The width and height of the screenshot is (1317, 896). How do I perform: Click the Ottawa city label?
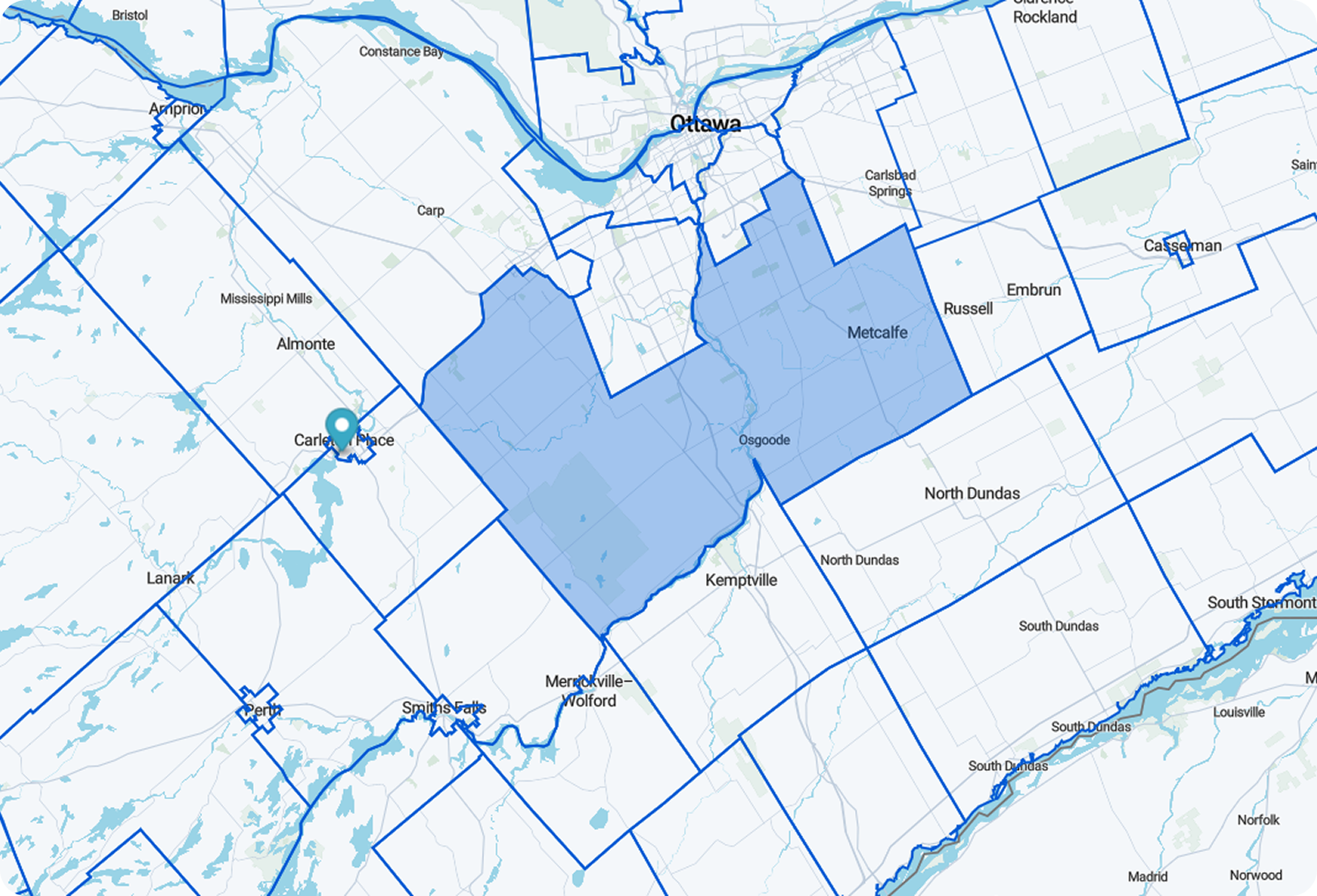point(705,123)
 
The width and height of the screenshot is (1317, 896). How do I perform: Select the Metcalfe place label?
point(877,332)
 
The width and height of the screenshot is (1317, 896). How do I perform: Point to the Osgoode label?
point(764,440)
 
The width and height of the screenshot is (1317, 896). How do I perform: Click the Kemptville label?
point(741,580)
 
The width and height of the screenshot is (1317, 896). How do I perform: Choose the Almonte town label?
point(306,344)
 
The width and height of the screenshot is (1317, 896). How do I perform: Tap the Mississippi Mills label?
point(266,299)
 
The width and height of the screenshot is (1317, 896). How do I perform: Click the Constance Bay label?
point(401,51)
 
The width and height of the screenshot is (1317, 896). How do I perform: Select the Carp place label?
point(430,210)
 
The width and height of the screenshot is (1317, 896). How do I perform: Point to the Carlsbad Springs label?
point(890,183)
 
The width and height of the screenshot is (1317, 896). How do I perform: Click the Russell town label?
point(968,308)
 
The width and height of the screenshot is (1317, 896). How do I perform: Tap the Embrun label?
point(1034,290)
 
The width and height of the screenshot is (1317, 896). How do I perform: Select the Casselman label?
point(1182,246)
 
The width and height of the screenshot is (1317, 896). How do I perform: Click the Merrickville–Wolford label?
point(589,691)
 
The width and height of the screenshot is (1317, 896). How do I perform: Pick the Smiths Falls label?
point(443,707)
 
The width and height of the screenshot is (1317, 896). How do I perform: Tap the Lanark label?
point(170,578)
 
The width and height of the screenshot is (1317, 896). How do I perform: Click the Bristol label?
point(130,15)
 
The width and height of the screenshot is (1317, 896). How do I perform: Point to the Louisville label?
point(1239,712)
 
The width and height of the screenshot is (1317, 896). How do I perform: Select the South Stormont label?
point(1261,603)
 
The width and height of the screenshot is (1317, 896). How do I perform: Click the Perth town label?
point(262,710)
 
